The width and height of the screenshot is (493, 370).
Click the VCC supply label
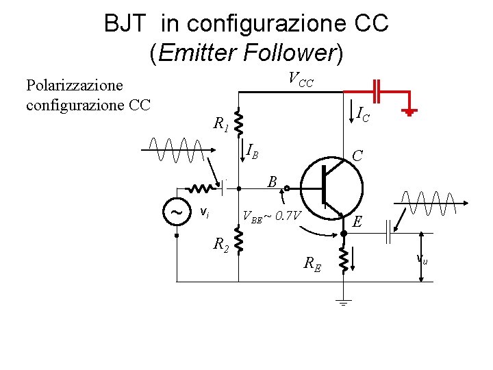(x=300, y=80)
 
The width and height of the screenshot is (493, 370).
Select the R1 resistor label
(x=220, y=124)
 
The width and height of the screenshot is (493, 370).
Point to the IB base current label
(x=252, y=150)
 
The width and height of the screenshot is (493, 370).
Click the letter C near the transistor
(x=357, y=156)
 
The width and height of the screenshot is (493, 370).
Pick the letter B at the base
(x=272, y=182)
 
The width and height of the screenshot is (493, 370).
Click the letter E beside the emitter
(x=357, y=221)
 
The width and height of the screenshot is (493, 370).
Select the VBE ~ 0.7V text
(x=273, y=217)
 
